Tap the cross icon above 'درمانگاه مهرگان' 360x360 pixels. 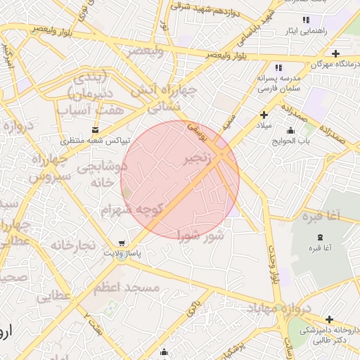[x=336, y=53]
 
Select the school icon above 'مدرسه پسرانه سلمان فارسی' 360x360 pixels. [x=278, y=67]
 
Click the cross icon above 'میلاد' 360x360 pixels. [x=264, y=115]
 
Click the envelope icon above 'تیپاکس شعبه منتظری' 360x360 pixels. [x=96, y=130]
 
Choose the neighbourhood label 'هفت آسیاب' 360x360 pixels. [x=101, y=110]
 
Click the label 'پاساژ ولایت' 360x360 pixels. [x=123, y=252]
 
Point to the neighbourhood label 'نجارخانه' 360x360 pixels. [x=72, y=245]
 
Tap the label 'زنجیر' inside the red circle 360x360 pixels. [x=198, y=160]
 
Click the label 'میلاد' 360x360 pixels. [x=263, y=126]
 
